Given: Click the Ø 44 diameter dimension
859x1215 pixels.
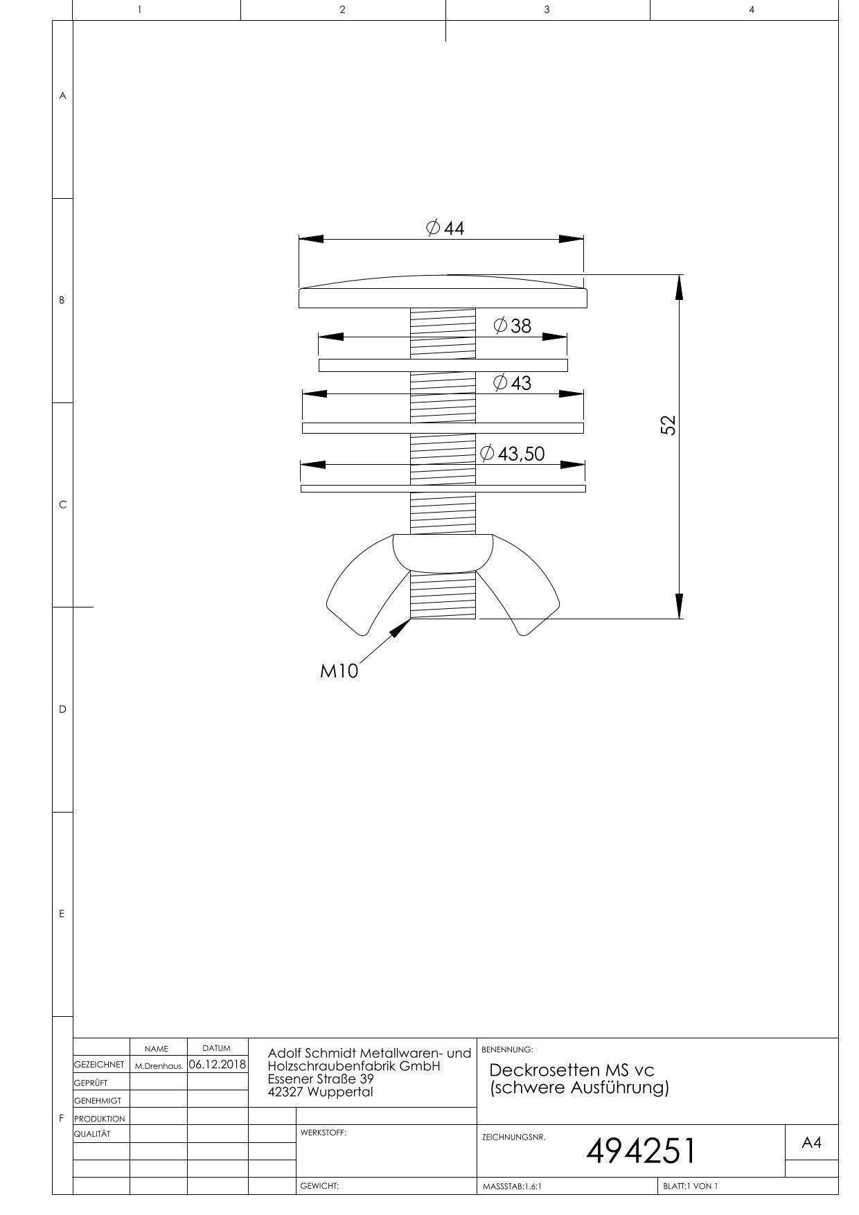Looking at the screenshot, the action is [x=445, y=228].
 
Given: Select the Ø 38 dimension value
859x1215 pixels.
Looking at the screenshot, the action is [x=513, y=326].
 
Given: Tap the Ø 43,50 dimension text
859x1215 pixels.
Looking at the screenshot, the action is [x=513, y=454].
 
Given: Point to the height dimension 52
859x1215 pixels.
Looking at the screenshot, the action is [x=668, y=425].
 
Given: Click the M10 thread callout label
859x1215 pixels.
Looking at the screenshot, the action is [x=339, y=671].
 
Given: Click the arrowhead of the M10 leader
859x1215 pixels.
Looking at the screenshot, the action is [x=401, y=628].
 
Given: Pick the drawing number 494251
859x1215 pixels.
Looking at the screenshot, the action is [x=641, y=1151].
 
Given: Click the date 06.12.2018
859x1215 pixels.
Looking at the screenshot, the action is [x=218, y=1064].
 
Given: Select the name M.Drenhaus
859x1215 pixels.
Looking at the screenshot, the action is [x=158, y=1066].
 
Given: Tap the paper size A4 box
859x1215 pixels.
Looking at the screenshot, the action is [x=811, y=1143].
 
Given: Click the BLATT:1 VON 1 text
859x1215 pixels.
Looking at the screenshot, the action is [x=690, y=1186].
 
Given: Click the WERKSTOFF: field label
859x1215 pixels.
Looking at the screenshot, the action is [x=323, y=1133].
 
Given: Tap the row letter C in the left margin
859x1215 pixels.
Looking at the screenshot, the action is [x=62, y=504].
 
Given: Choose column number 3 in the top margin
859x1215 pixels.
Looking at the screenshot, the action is [x=547, y=10].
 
